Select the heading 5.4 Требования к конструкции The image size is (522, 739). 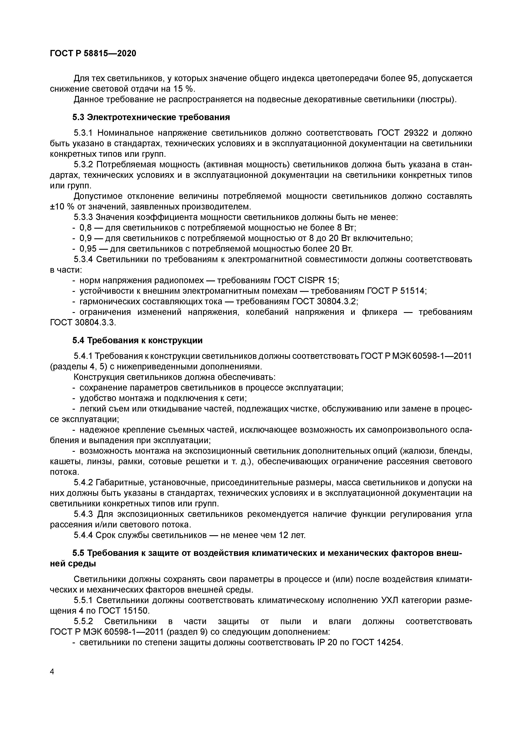[137, 340]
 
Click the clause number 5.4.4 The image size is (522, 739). [83, 535]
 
